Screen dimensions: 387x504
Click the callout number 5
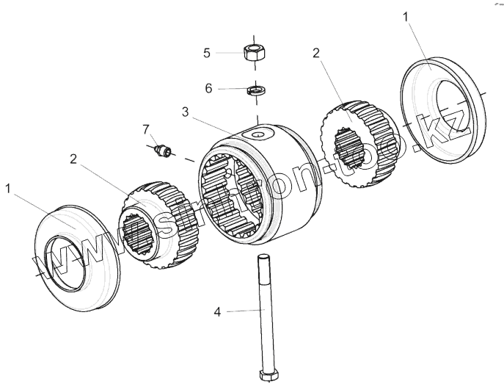207,53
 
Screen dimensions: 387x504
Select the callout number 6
208,88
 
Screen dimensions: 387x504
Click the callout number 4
217,313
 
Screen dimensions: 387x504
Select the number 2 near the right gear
315,53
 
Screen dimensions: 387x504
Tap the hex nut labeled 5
254,53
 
